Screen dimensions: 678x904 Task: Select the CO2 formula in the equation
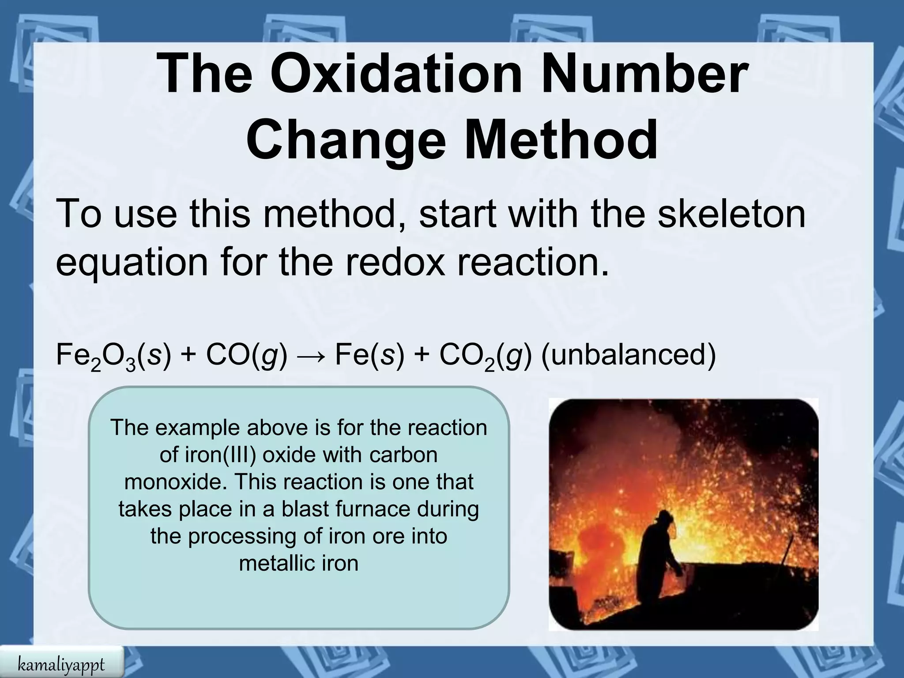pyautogui.click(x=466, y=357)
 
